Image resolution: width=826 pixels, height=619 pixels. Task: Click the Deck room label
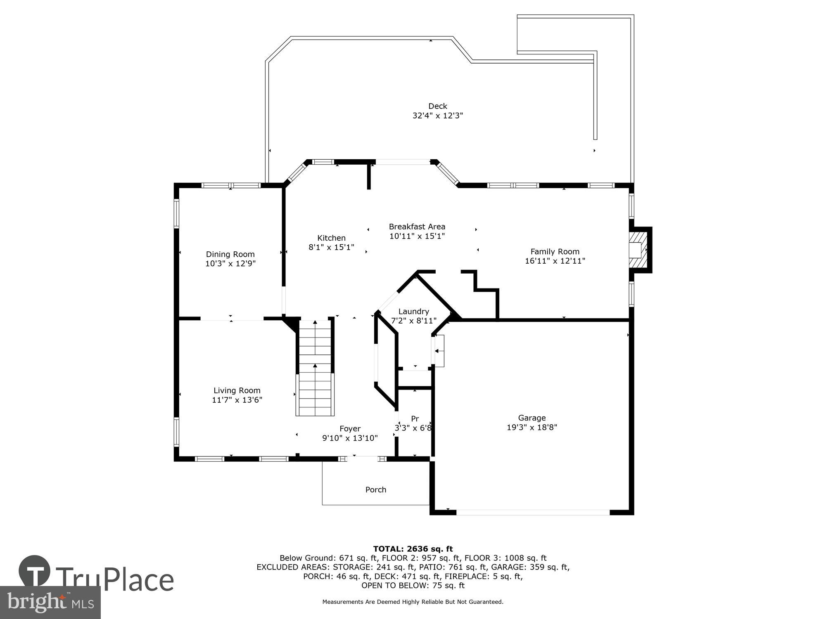click(437, 106)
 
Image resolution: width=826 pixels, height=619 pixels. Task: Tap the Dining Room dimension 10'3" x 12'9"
click(230, 264)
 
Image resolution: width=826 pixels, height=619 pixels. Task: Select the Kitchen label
click(331, 238)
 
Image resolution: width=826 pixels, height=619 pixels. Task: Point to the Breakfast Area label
click(417, 227)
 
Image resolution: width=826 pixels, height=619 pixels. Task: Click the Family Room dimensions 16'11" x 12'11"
click(555, 261)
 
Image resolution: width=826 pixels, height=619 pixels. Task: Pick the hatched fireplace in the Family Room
click(638, 250)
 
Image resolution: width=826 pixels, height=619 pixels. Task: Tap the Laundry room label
click(413, 312)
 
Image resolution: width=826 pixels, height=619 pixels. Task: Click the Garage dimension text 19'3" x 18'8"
click(532, 427)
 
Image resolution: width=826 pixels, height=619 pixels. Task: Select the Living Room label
click(237, 390)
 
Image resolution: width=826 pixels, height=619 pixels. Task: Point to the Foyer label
click(350, 429)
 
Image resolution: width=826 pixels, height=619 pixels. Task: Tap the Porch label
click(375, 490)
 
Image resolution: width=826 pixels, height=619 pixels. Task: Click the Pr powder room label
click(415, 419)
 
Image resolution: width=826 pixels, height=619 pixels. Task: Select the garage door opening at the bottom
click(532, 512)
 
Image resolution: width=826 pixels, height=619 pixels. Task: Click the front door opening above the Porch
click(362, 458)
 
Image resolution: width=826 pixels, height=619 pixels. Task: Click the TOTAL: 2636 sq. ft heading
click(413, 549)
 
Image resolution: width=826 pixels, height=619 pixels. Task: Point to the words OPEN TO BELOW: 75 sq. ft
click(413, 585)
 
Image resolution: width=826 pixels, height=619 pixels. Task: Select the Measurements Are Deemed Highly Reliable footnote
click(413, 602)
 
